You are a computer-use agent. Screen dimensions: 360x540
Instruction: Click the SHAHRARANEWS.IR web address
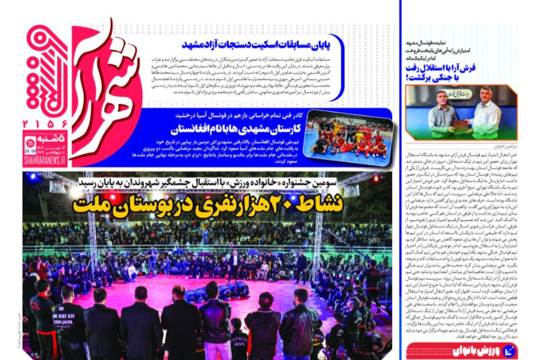[x=45, y=160]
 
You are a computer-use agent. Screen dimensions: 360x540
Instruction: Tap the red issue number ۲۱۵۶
[x=45, y=125]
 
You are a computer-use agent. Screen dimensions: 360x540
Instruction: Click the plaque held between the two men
[x=460, y=126]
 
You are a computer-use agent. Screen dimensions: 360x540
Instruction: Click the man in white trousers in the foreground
[x=215, y=325]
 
